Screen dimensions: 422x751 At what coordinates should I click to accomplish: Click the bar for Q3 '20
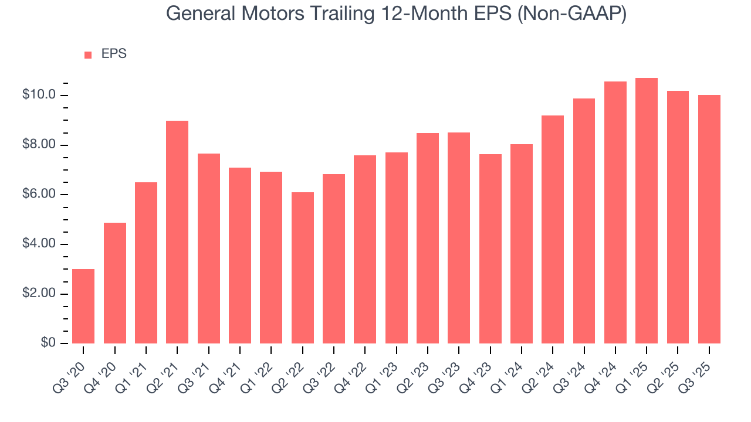[x=83, y=306]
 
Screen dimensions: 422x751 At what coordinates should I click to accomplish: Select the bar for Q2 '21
[x=177, y=232]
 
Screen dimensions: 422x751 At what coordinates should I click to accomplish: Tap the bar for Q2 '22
[x=302, y=268]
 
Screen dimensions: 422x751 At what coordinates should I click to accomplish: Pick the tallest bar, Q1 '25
[x=647, y=210]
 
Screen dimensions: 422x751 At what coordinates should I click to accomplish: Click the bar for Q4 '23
[x=490, y=249]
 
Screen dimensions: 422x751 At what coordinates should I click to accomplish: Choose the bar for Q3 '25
[x=709, y=219]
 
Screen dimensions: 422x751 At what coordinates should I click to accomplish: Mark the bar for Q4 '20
[x=115, y=283]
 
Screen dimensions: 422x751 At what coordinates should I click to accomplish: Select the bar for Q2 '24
[x=553, y=229]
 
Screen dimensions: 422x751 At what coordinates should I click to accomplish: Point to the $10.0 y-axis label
[x=39, y=95]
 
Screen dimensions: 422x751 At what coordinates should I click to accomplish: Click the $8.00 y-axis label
[x=39, y=145]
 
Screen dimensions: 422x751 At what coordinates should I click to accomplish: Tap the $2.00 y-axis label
[x=39, y=293]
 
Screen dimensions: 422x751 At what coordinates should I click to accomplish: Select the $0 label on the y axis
[x=48, y=343]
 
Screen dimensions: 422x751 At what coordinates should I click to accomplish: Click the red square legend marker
[x=88, y=55]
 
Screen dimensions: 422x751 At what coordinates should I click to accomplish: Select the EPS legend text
[x=114, y=54]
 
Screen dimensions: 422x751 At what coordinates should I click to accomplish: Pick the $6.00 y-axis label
[x=39, y=194]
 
